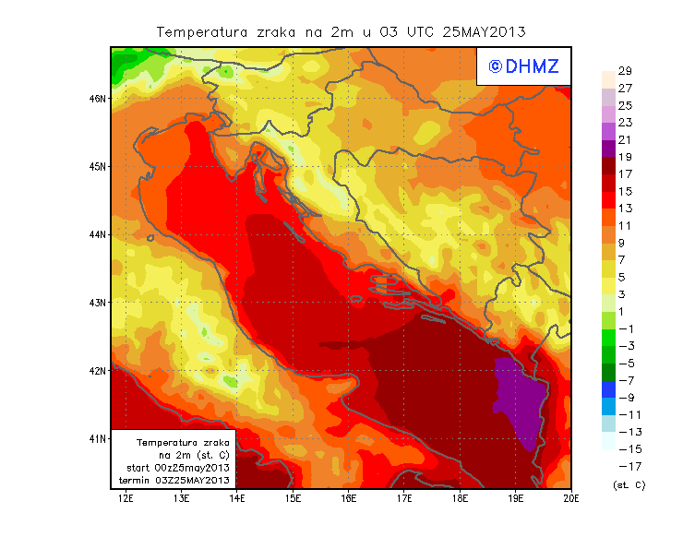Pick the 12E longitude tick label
(x=125, y=498)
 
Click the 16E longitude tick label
(x=348, y=498)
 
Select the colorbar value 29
(x=624, y=71)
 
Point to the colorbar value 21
(x=624, y=139)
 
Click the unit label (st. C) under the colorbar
(x=629, y=484)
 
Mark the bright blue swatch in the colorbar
(x=608, y=406)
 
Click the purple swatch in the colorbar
(x=608, y=148)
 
